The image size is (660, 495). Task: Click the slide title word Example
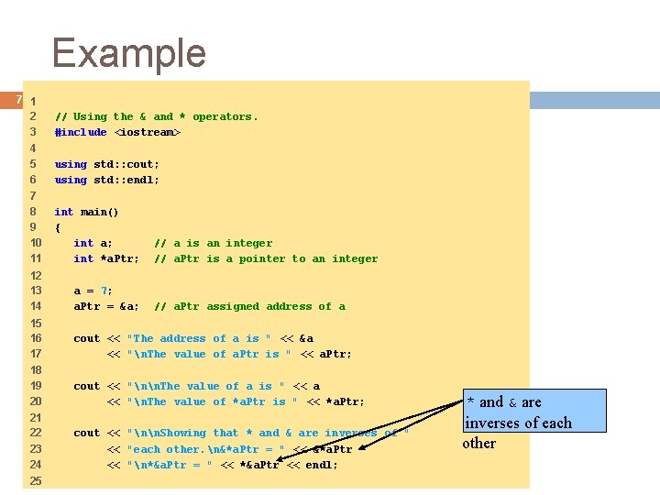click(129, 53)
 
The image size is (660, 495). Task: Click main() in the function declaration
click(100, 212)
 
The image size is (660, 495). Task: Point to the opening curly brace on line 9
click(58, 227)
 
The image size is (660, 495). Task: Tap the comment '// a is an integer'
click(213, 243)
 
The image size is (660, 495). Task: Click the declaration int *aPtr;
click(106, 258)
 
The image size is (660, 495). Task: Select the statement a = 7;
click(93, 291)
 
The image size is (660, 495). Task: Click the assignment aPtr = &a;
click(106, 306)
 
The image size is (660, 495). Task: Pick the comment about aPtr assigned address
click(249, 306)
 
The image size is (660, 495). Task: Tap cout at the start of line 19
click(86, 386)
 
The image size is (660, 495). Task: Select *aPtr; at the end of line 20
click(345, 401)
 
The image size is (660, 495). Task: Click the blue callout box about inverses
click(533, 412)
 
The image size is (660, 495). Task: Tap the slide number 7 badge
click(18, 99)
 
